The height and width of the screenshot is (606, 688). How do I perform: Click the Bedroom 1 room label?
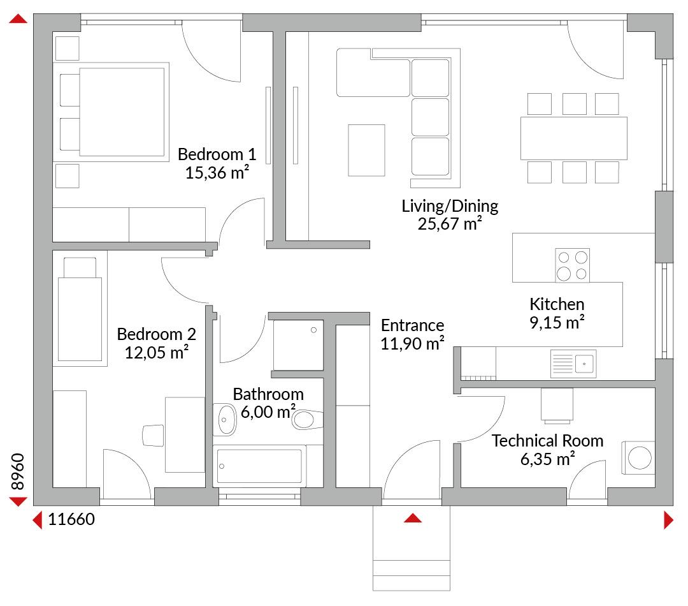coord(217,154)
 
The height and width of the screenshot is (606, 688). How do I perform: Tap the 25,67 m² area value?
coord(450,224)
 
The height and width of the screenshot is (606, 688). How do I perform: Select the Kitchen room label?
coord(557,304)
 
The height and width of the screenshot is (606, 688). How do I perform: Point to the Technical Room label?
coord(547,440)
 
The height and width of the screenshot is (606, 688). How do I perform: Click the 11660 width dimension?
coord(71,519)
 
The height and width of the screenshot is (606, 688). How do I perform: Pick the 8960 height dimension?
coord(18,471)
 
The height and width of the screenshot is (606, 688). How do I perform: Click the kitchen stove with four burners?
coord(572,265)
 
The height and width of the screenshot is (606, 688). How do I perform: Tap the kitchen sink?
coord(573,364)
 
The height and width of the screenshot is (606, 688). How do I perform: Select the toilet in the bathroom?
coord(307,419)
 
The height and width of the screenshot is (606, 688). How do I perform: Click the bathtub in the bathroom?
coord(259,466)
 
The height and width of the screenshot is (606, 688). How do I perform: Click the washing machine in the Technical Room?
coord(638,457)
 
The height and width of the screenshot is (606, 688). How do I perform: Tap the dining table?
coord(573,138)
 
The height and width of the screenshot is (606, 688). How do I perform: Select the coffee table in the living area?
coord(366,151)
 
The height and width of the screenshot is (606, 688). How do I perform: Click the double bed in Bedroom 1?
coord(111,112)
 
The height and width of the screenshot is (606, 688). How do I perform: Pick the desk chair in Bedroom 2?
coord(154,436)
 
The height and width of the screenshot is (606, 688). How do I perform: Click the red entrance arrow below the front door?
coord(412,518)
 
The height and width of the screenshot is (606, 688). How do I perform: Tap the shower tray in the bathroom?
coord(298,345)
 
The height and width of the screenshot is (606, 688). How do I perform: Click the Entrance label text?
coord(412,325)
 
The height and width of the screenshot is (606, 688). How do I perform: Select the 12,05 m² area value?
coord(157,352)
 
